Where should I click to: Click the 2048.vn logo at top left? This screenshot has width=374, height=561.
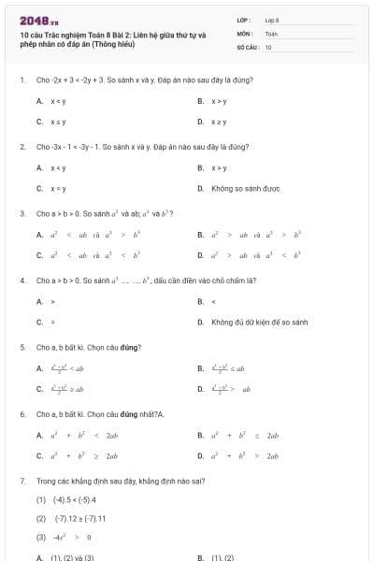32,20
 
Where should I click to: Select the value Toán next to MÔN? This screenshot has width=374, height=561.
271,33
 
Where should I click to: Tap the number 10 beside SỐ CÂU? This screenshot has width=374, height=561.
268,46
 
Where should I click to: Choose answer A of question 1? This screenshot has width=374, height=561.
51,100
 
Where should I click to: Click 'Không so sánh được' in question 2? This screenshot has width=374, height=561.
245,189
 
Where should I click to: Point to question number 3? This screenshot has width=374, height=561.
22,213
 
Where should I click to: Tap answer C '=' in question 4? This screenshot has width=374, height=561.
52,322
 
